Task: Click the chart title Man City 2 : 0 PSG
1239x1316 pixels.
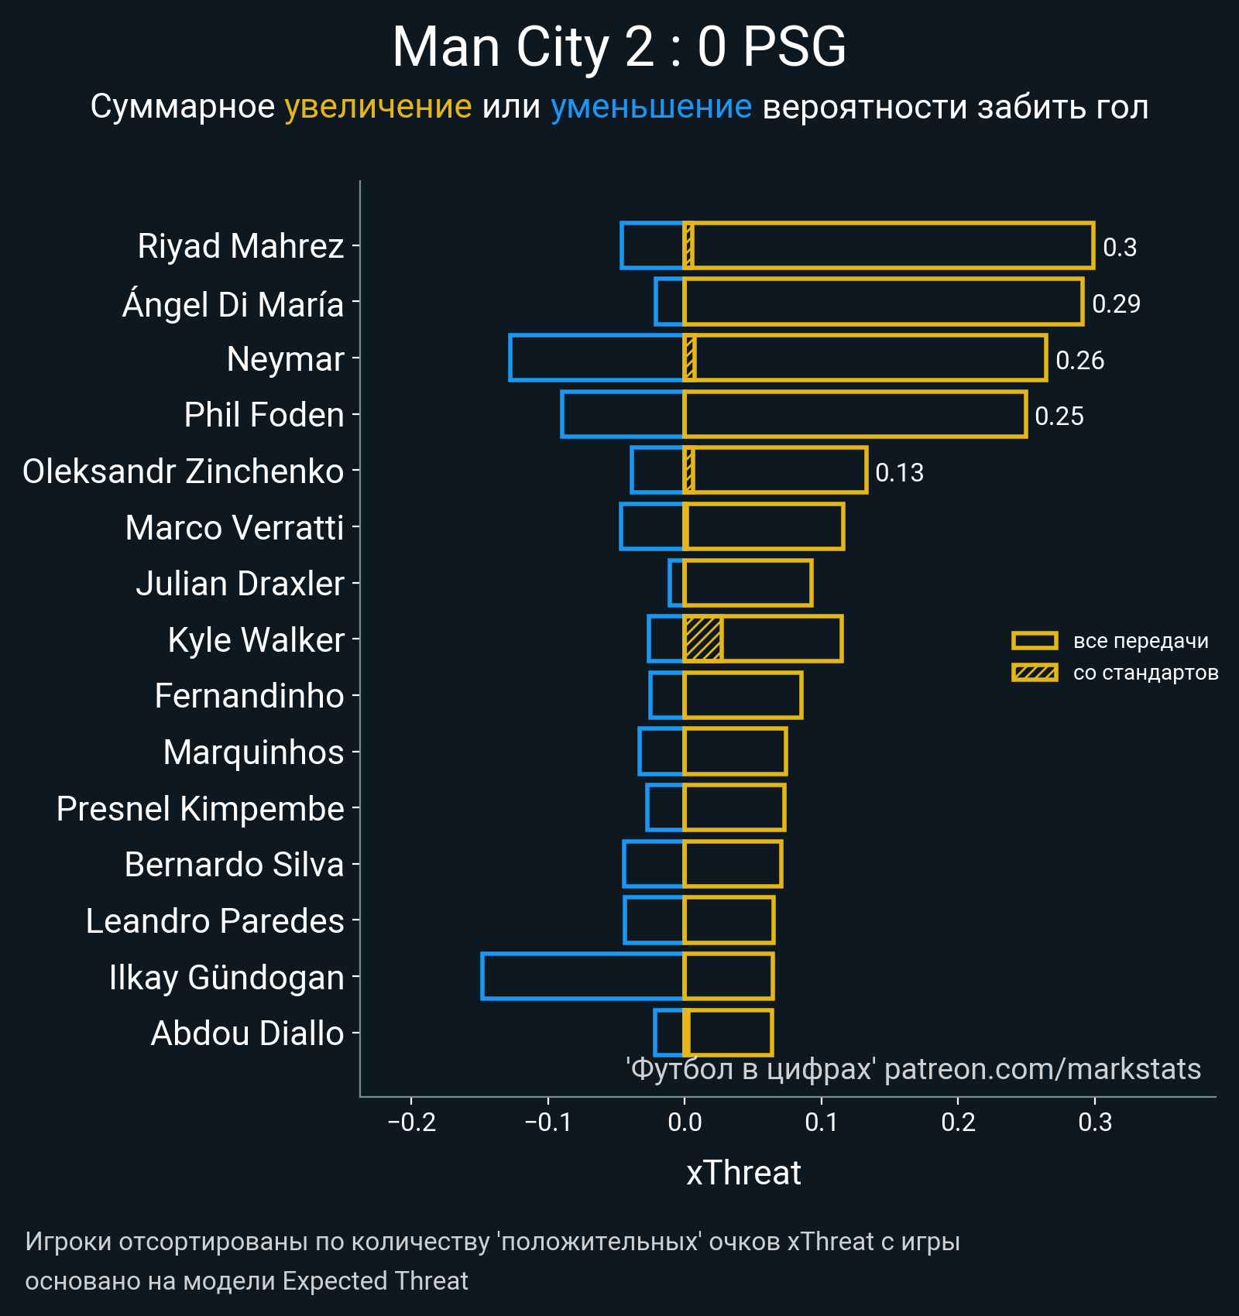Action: click(x=619, y=47)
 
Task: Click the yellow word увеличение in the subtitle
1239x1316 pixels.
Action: click(x=378, y=107)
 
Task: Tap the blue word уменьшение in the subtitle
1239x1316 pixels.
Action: click(x=650, y=107)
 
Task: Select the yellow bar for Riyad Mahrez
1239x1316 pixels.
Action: click(x=891, y=245)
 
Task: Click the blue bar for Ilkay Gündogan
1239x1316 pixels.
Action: click(x=582, y=976)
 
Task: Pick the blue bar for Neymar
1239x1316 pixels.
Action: click(x=596, y=358)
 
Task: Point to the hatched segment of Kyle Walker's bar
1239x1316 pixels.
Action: click(x=703, y=639)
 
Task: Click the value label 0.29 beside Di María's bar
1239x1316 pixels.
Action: click(x=1116, y=303)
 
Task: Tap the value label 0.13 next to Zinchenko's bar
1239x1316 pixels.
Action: click(x=899, y=472)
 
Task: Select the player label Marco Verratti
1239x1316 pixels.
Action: click(x=235, y=528)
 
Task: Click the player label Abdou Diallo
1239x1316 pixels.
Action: click(x=247, y=1033)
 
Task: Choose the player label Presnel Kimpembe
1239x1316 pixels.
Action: click(x=200, y=809)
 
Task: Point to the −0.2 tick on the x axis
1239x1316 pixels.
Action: click(x=412, y=1122)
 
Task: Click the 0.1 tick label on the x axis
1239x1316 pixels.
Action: click(x=821, y=1122)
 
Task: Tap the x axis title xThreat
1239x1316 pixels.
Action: click(x=743, y=1173)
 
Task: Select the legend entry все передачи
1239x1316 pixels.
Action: click(x=1140, y=641)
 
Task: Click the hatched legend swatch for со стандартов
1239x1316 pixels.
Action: click(x=1035, y=673)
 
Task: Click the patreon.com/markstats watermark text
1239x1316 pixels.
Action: click(x=1042, y=1069)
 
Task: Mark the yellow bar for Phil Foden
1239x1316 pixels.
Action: click(x=855, y=414)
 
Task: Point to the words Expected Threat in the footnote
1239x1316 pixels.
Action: click(x=375, y=1281)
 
